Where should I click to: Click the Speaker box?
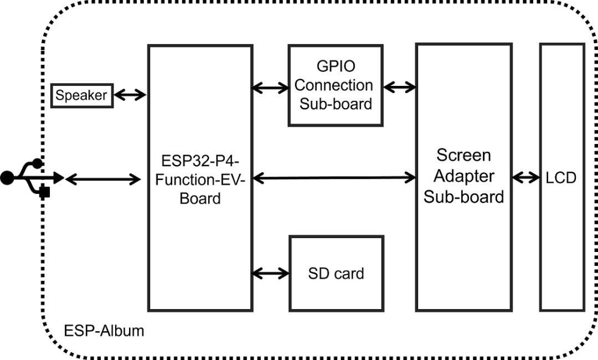tap(81, 95)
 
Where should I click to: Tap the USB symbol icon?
tap(30, 178)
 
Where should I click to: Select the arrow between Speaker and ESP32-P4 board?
tap(130, 95)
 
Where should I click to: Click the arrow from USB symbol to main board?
tap(103, 178)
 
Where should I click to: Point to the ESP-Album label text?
tap(104, 331)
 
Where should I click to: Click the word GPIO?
tap(336, 66)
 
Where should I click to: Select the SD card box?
tap(336, 273)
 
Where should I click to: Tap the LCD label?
tap(561, 178)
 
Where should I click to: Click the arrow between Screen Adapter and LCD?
tap(525, 178)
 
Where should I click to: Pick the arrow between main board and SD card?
tap(271, 272)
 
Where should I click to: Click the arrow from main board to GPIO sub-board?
tap(270, 87)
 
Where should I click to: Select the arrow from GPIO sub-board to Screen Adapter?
tap(399, 87)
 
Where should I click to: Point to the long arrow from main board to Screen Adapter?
tap(334, 178)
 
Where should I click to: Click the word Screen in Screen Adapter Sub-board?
tap(463, 155)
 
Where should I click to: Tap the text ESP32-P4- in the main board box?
tap(200, 161)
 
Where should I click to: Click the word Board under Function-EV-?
tap(200, 198)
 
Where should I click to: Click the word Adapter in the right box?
tap(463, 176)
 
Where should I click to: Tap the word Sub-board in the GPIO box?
tap(336, 104)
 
